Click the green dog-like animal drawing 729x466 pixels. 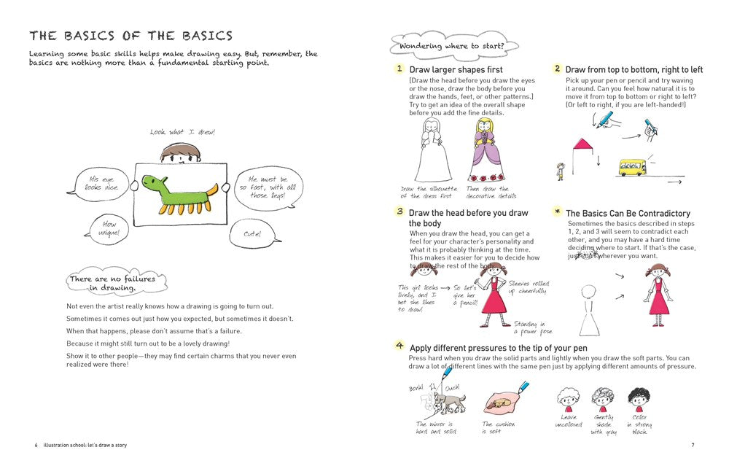(179, 193)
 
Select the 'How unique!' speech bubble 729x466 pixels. (109, 230)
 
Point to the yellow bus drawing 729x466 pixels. (631, 168)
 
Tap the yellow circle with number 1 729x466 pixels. (399, 69)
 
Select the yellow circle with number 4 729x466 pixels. (399, 346)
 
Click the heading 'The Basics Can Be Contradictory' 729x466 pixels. (628, 214)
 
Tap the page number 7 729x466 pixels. (693, 445)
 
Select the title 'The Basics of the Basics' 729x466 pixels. (130, 36)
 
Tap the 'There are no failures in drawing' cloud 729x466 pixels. (117, 283)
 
